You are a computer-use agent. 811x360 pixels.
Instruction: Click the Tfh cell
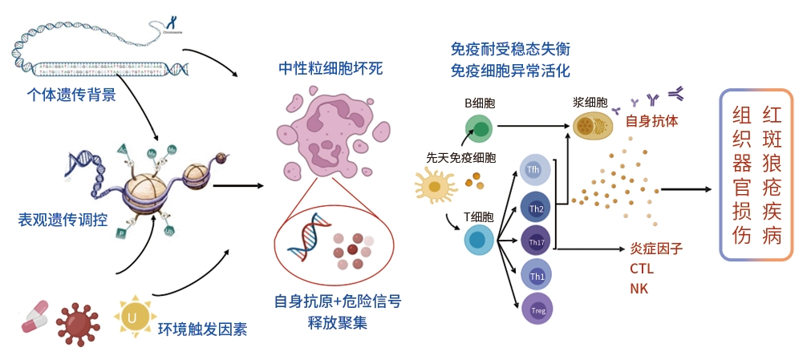(x=533, y=171)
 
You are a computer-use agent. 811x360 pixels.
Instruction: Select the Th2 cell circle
(x=536, y=208)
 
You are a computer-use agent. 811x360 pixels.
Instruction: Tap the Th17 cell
(x=535, y=241)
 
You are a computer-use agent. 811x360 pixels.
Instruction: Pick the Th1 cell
(x=536, y=276)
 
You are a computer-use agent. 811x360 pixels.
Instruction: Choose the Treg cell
(x=535, y=308)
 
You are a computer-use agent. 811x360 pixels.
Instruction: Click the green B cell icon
(x=480, y=127)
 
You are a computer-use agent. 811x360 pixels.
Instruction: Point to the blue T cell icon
(x=479, y=240)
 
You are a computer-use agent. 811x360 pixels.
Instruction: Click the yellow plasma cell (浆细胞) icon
(x=593, y=124)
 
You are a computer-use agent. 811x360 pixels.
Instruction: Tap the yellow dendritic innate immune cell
(x=435, y=185)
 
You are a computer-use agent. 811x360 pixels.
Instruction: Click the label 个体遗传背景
(x=71, y=95)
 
